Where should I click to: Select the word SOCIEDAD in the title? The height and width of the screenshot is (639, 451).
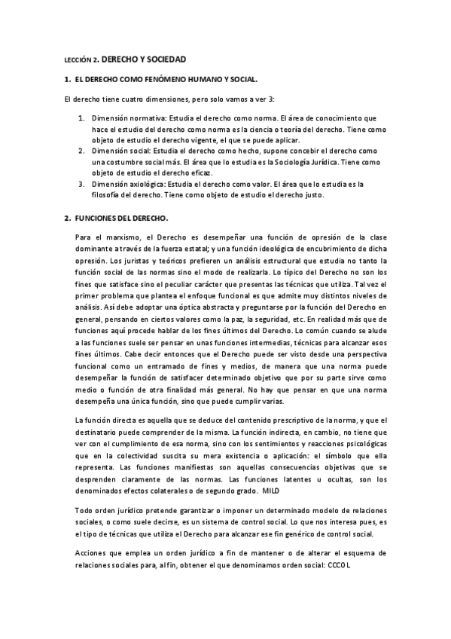pos(163,58)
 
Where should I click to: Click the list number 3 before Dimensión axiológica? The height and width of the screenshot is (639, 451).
pos(81,184)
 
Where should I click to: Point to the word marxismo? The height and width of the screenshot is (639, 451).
pos(120,238)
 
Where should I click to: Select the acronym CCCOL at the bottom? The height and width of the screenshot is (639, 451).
pos(340,565)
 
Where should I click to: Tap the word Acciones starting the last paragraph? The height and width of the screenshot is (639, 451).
pos(91,553)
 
